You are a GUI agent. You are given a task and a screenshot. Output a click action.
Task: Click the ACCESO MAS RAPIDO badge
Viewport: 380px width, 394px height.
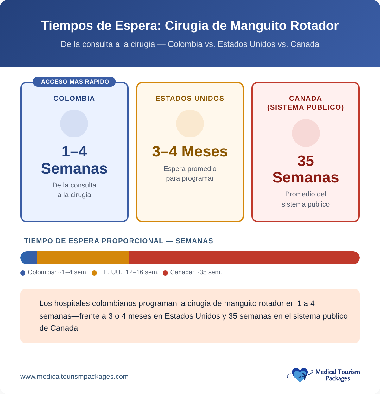[74, 82]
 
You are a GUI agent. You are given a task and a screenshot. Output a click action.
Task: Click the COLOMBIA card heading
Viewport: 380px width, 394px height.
[74, 98]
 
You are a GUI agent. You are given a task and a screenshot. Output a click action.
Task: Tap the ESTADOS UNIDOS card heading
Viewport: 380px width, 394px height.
[190, 98]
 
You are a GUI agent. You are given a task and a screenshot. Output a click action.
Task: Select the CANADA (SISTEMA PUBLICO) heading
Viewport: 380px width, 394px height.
[305, 103]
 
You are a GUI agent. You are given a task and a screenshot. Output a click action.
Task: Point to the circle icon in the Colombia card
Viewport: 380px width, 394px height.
[74, 124]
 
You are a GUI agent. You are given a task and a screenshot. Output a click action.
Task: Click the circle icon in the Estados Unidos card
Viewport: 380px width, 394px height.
[190, 124]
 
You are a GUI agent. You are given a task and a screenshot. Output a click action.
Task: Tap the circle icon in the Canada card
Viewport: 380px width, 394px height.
[306, 133]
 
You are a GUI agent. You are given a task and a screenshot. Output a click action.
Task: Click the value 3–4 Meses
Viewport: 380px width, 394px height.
[190, 151]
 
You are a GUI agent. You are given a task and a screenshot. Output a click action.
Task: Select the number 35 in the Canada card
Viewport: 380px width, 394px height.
[306, 161]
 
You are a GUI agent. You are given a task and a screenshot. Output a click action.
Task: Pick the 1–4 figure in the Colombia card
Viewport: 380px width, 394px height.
[74, 151]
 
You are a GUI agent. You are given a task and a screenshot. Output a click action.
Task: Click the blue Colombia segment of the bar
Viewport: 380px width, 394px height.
[29, 258]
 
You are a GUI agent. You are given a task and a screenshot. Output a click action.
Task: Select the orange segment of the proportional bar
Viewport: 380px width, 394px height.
[83, 258]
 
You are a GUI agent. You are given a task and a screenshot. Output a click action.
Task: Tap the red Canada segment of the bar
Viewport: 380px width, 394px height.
[244, 258]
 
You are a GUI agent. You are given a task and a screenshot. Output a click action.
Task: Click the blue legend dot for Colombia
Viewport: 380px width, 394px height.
[23, 273]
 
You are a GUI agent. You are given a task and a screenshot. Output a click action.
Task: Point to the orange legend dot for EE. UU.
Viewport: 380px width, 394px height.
[94, 273]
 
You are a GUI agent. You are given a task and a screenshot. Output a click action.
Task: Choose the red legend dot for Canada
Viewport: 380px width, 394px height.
[165, 273]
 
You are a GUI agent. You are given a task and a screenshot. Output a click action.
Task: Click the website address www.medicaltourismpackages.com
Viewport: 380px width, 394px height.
[74, 377]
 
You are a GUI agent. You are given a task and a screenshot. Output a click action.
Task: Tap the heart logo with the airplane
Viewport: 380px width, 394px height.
[299, 375]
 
